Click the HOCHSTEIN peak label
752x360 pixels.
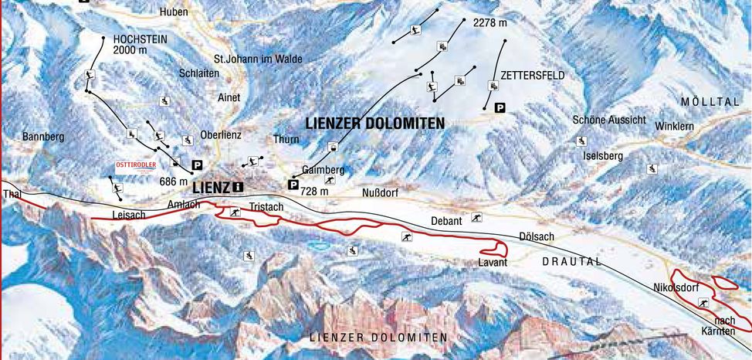[139, 38]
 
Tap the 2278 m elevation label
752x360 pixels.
[489, 23]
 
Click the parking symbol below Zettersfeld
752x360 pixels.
[500, 108]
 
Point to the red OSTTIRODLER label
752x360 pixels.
[136, 165]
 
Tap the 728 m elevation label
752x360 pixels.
[313, 192]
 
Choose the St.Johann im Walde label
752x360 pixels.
[258, 59]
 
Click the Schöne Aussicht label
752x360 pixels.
[609, 120]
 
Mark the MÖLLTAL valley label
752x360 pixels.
[710, 102]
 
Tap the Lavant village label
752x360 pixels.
[492, 263]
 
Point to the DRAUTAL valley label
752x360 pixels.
[571, 262]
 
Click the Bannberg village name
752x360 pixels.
[43, 137]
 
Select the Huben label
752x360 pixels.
[174, 12]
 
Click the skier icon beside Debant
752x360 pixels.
[477, 217]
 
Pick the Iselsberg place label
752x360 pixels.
[603, 155]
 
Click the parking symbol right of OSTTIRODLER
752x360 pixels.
[197, 165]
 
